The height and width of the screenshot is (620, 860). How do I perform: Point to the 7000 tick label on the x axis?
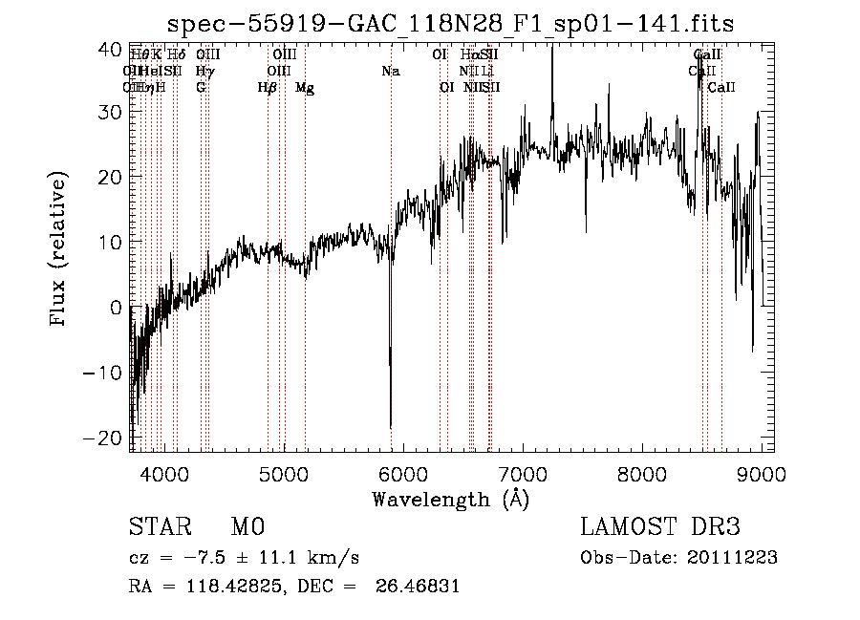pos(522,474)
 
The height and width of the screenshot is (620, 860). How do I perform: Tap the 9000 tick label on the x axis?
pos(761,474)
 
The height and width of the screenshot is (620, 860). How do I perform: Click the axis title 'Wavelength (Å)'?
pos(450,499)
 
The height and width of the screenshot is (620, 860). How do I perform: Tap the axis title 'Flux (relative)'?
pos(59,250)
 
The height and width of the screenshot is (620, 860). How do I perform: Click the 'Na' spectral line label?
pos(390,71)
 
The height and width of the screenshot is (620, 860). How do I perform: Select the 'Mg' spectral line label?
pos(305,88)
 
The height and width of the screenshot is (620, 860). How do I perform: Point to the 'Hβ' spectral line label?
pos(268,88)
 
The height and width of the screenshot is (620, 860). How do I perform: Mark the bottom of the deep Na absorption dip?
pos(390,426)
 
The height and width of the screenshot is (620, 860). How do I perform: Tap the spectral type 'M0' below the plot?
pos(247,527)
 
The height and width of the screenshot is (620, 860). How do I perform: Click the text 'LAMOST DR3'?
pos(659,527)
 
